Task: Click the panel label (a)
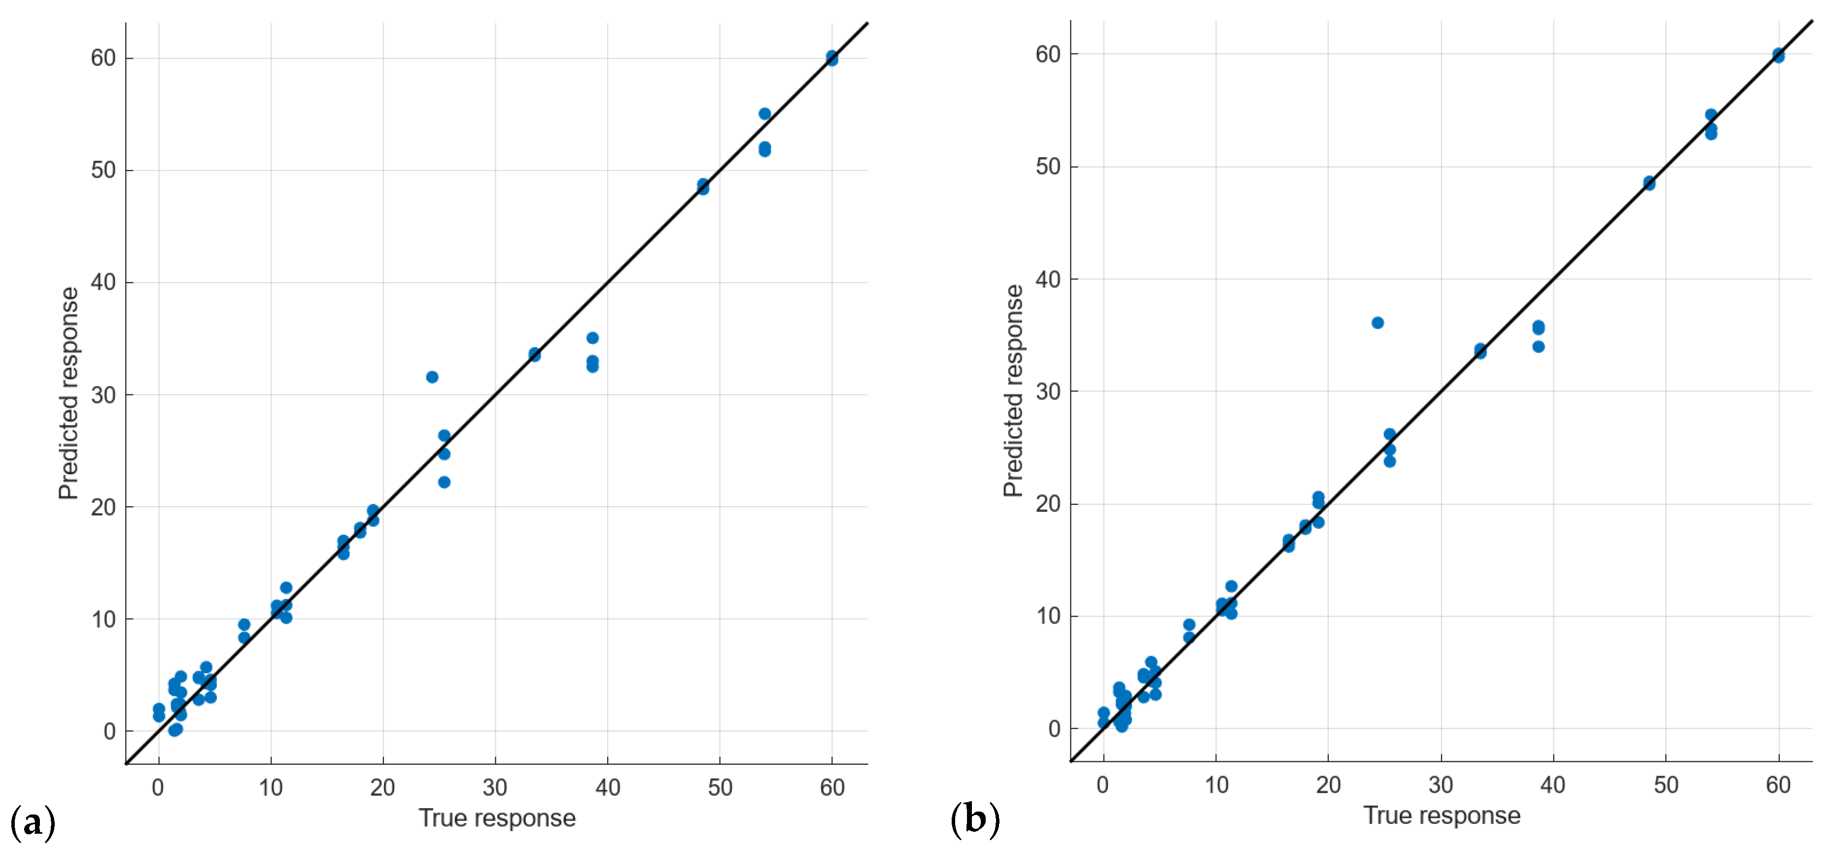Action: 33,822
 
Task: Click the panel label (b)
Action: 975,819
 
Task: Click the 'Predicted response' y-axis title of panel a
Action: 69,393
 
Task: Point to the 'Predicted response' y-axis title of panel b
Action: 1014,391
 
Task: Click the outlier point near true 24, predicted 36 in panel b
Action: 1378,323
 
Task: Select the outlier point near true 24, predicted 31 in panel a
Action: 432,377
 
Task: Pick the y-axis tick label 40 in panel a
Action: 103,282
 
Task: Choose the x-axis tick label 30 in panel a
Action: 495,787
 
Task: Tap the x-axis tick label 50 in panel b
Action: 1666,784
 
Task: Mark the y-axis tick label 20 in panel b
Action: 1048,504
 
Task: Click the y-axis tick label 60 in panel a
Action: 103,58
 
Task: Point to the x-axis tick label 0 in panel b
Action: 1103,784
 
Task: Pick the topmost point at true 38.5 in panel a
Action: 592,338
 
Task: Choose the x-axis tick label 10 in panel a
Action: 271,787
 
